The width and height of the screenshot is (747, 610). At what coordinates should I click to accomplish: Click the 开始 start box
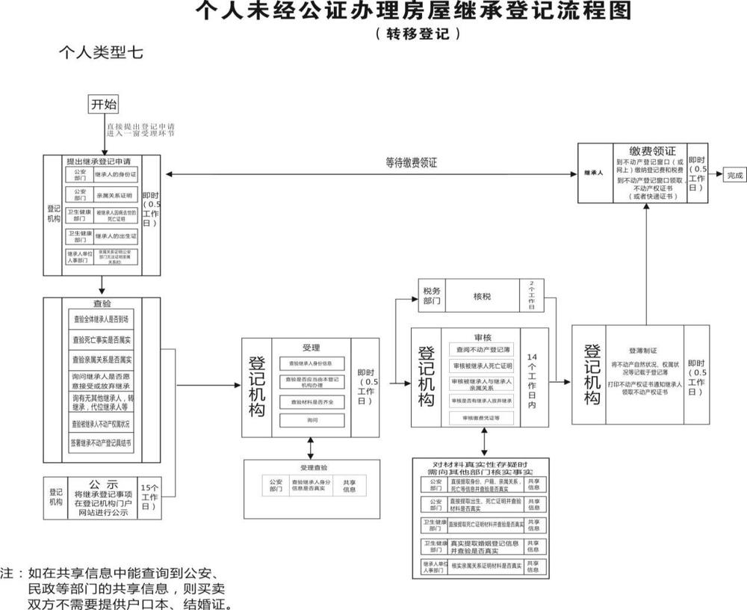104,104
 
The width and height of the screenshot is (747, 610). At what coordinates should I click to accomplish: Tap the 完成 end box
734,176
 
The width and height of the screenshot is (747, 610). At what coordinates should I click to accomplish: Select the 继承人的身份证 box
115,174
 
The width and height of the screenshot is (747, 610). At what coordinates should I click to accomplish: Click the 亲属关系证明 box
115,194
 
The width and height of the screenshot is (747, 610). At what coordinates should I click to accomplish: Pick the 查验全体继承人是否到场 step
102,318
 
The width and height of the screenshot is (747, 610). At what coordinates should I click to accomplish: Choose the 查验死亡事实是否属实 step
102,339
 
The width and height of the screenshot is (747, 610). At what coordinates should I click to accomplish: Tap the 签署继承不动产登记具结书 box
102,443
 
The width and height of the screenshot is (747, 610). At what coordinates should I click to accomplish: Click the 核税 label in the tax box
482,296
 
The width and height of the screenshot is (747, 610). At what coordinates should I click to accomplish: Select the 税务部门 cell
432,296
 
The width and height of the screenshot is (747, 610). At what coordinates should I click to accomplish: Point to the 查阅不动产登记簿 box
481,349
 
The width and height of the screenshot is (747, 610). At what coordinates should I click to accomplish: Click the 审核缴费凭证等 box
481,418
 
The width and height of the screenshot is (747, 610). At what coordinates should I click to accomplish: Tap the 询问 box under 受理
311,420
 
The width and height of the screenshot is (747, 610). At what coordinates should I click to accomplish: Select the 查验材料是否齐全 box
311,401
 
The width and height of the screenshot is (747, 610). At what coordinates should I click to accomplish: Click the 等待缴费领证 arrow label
411,162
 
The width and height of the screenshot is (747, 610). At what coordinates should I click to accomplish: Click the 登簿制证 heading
642,349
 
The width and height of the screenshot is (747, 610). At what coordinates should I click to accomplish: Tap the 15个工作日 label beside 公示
149,496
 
